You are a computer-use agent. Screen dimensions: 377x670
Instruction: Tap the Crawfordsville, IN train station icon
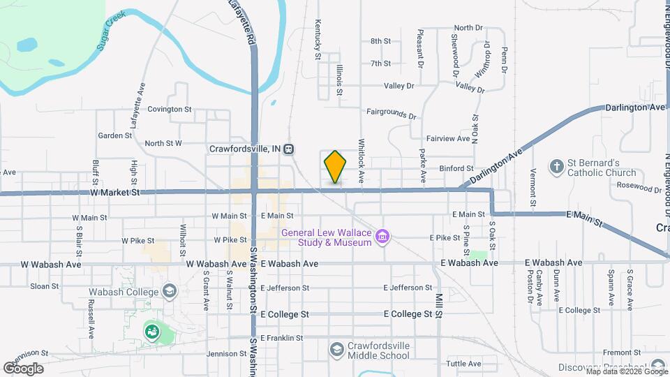288,149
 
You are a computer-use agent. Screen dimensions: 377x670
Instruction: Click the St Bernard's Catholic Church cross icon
556,167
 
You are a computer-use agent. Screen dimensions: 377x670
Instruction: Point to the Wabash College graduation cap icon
168,290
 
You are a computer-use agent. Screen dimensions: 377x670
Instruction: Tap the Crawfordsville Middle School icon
336,348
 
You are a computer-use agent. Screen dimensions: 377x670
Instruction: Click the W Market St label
115,192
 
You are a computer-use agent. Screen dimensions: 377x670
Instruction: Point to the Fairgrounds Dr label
391,112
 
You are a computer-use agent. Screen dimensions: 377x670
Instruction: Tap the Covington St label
169,109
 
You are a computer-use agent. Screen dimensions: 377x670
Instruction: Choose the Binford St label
456,168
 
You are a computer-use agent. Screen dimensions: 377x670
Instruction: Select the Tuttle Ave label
463,364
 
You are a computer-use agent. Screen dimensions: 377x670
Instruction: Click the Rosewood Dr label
639,188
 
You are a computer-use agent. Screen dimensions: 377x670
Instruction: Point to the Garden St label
110,135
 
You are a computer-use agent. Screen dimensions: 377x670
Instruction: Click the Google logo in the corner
23,368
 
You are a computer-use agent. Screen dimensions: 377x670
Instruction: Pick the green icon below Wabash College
151,331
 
